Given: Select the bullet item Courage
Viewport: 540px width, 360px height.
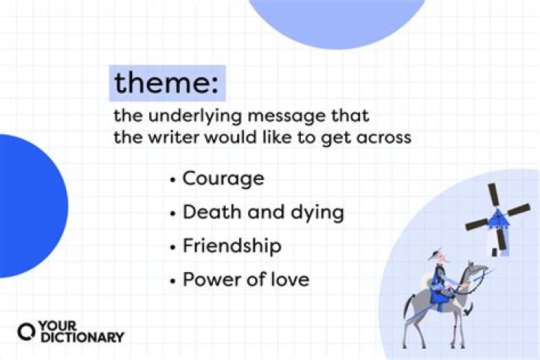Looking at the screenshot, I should (x=223, y=178).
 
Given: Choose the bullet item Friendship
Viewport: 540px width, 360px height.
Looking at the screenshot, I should (x=232, y=246).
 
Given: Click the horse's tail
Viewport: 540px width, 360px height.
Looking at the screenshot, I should (x=409, y=304).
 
